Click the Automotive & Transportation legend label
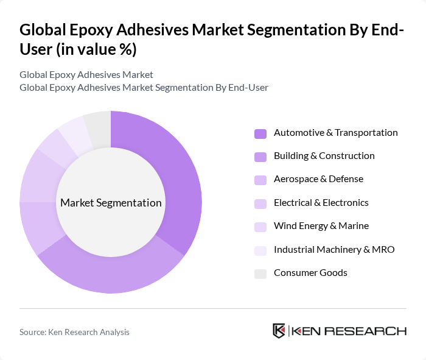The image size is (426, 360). [335, 133]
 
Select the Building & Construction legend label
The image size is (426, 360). [324, 156]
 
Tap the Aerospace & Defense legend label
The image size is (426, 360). [318, 179]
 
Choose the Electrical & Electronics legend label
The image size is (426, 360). [321, 203]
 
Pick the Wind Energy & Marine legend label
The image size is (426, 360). [321, 226]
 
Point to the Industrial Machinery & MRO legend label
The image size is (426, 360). [334, 249]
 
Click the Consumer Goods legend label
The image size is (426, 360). [310, 273]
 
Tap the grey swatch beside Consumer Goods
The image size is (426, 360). [260, 274]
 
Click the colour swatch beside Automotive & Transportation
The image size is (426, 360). [260, 133]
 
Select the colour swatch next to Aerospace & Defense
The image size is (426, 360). [260, 180]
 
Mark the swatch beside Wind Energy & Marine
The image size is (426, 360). [260, 227]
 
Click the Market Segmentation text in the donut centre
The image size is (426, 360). [111, 203]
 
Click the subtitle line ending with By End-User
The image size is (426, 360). [144, 88]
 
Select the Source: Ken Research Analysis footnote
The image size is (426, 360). [74, 332]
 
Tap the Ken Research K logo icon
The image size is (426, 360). [279, 331]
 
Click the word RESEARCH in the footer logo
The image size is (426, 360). [371, 331]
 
